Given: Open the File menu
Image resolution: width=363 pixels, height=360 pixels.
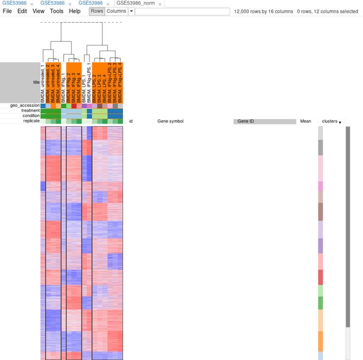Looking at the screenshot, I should [7, 11].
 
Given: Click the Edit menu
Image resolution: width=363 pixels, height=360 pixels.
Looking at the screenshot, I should [22, 11].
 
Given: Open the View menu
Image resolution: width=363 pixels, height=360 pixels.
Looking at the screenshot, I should [39, 11].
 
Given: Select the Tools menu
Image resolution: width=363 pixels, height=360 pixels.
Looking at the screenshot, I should [56, 11].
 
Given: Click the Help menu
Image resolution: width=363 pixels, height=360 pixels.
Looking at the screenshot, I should [75, 11].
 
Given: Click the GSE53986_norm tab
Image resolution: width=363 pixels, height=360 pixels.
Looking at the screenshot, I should [135, 3].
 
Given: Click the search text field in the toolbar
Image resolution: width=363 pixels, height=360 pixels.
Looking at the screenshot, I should [182, 11].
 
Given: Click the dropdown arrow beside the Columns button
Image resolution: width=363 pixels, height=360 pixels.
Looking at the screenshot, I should [131, 11].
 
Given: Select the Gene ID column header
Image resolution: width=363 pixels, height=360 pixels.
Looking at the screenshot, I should [264, 121].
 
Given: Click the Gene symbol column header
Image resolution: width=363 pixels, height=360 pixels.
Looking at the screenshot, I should [170, 121].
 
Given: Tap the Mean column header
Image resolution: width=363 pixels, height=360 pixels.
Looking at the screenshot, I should [305, 121].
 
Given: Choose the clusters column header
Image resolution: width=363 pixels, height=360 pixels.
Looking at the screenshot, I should [329, 121].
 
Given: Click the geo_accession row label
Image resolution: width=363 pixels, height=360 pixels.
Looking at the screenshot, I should [24, 105].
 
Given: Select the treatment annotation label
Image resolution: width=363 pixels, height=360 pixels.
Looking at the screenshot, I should [30, 111].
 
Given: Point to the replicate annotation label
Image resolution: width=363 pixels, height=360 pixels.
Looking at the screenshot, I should [31, 121].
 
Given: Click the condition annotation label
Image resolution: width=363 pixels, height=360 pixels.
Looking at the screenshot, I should [30, 116].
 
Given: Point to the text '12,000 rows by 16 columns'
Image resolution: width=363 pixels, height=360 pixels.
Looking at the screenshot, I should [262, 11].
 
